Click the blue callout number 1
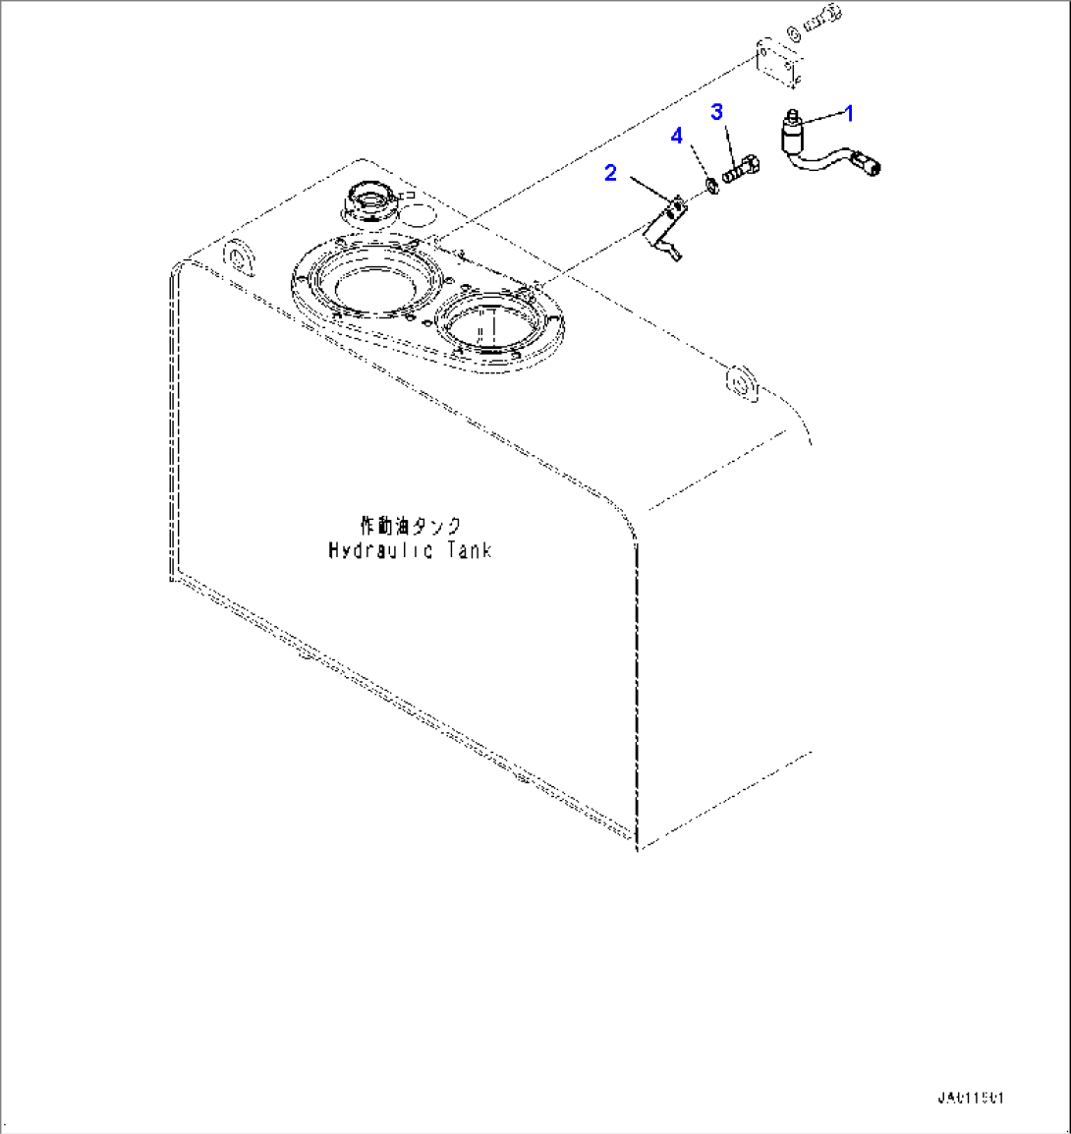tap(849, 113)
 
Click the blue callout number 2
tap(610, 173)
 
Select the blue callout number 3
tap(717, 111)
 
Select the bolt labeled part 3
tap(743, 170)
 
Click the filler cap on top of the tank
tap(369, 202)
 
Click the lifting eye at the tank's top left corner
tap(239, 256)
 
